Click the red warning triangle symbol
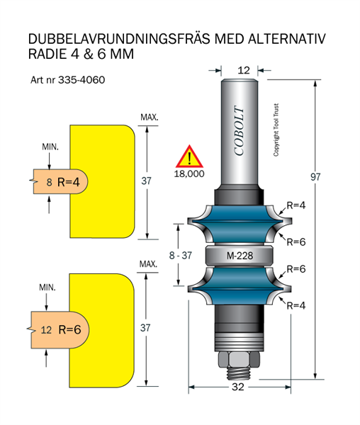(x=189, y=157)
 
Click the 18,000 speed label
(x=189, y=174)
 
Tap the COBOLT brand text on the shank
(x=239, y=130)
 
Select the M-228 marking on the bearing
(x=240, y=256)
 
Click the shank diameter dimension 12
(x=244, y=70)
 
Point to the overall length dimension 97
(x=315, y=177)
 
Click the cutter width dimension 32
(x=238, y=387)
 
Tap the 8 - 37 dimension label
(x=181, y=255)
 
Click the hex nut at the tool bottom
(x=239, y=360)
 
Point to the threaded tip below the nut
(x=239, y=374)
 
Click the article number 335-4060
(x=81, y=80)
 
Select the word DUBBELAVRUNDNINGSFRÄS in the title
(x=119, y=39)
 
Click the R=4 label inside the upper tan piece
(x=69, y=182)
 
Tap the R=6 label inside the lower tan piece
(x=69, y=329)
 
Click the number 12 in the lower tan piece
(x=46, y=330)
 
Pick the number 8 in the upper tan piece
(x=49, y=182)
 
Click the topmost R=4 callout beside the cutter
(x=296, y=205)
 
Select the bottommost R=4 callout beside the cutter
(x=296, y=306)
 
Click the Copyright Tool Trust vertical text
(x=276, y=130)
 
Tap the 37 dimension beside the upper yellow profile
(x=147, y=181)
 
